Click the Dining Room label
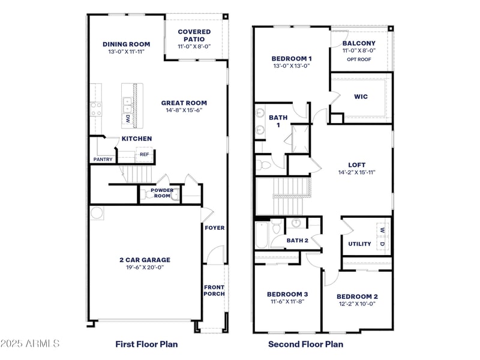tap(126, 44)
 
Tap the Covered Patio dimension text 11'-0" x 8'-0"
tap(194, 47)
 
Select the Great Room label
tap(184, 103)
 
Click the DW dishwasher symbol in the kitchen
tap(128, 119)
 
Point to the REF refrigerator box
tap(144, 154)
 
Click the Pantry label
tap(103, 159)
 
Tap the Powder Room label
tap(162, 193)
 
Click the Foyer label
tap(214, 228)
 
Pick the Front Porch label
tap(214, 290)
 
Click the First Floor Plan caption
tap(146, 344)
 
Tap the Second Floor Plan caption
tap(305, 344)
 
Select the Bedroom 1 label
tap(291, 58)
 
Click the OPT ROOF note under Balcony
tap(359, 59)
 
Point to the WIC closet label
tap(361, 97)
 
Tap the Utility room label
tap(359, 244)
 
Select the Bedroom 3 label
tap(287, 294)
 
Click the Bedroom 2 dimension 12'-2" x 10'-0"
tap(356, 304)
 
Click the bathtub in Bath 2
tap(262, 235)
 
